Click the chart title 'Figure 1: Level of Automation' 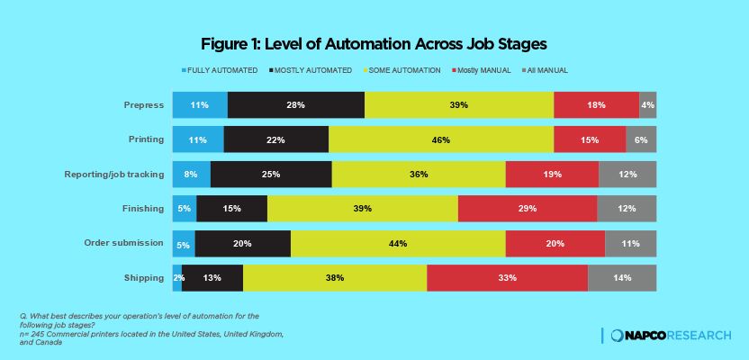click(374, 43)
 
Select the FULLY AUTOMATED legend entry click(220, 70)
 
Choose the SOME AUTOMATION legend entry click(402, 70)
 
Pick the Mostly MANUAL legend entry click(483, 70)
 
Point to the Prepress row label click(143, 105)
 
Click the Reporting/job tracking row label click(114, 174)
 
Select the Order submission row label click(123, 243)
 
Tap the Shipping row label click(144, 277)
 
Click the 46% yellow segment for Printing click(440, 139)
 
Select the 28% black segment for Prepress click(295, 105)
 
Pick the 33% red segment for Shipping click(507, 278)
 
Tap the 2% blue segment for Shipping click(177, 278)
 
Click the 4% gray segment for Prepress click(647, 105)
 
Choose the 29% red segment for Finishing click(527, 209)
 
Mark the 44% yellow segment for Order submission click(398, 243)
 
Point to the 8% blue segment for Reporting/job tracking click(191, 175)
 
